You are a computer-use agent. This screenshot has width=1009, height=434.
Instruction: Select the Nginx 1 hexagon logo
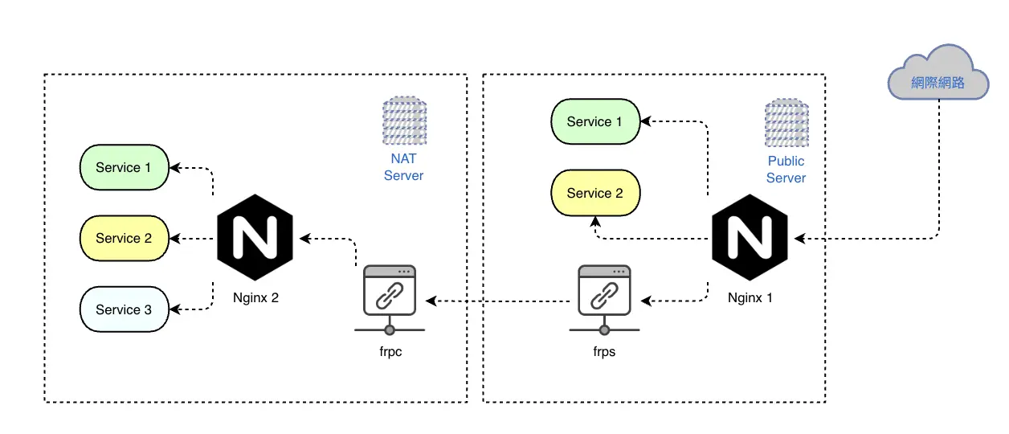(x=750, y=238)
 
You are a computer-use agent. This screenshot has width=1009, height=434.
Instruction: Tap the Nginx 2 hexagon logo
(x=255, y=238)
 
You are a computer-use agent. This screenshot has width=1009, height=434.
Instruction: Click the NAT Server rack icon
(x=405, y=121)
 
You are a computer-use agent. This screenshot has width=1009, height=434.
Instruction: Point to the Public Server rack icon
(x=786, y=123)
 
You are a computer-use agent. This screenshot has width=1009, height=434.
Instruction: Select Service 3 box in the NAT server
(x=124, y=309)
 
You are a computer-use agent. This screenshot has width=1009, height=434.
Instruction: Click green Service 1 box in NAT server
(x=124, y=167)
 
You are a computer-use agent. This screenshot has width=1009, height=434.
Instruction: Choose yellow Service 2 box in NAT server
(x=124, y=238)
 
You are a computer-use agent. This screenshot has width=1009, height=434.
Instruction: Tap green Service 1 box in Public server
(x=595, y=121)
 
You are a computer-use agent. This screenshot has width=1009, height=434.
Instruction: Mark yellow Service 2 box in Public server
(x=595, y=193)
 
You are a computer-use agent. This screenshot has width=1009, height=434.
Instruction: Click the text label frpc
(x=390, y=351)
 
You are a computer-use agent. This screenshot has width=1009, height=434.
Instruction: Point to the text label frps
(x=604, y=351)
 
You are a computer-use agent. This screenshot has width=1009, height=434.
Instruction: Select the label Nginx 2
(x=255, y=298)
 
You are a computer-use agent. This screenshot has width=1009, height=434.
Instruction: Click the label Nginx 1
(x=750, y=298)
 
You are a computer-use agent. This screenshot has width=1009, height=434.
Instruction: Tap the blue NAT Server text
(x=403, y=166)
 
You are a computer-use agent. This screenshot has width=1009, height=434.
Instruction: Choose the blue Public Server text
(x=786, y=170)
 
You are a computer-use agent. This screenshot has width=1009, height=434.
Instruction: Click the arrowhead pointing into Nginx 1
(x=799, y=239)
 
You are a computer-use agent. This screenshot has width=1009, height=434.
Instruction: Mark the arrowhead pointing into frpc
(x=431, y=301)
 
